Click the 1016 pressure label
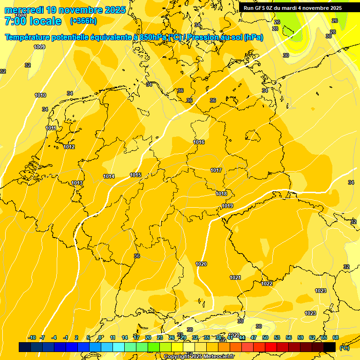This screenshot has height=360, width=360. (x=199, y=142)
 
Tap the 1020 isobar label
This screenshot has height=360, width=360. (x=201, y=264)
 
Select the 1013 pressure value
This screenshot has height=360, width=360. (x=77, y=183)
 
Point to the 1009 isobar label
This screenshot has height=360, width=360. (x=39, y=47)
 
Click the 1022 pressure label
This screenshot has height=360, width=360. (x=267, y=284)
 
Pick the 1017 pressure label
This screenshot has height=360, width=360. (x=216, y=170)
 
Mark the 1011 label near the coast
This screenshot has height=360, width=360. (x=51, y=128)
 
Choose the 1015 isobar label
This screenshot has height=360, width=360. (x=135, y=175)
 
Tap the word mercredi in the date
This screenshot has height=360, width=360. (x=24, y=10)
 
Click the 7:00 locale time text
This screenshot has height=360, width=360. (x=33, y=21)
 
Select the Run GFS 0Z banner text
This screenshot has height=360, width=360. (x=292, y=8)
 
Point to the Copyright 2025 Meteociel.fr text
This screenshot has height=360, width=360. (x=192, y=357)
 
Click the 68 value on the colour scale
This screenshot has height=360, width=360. (x=336, y=337)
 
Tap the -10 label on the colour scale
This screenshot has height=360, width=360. (x=32, y=337)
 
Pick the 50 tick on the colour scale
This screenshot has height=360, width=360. (x=265, y=337)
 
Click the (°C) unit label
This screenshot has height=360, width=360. (x=344, y=348)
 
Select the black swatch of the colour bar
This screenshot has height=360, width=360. (x=330, y=347)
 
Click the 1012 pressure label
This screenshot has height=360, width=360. (x=69, y=147)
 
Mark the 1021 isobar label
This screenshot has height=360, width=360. (x=235, y=278)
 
